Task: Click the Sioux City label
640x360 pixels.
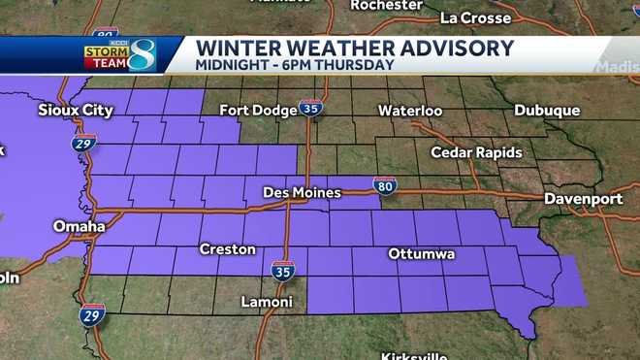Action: tap(77, 110)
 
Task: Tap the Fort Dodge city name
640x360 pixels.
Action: tap(258, 110)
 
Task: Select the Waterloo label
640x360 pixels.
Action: tap(410, 111)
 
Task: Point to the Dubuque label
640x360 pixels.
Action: tap(547, 111)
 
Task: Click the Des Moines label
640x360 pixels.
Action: tap(302, 193)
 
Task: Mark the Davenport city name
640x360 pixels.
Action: tap(583, 198)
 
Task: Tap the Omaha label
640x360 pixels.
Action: tap(80, 226)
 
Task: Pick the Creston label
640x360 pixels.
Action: tap(227, 249)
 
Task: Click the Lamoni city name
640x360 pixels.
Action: tap(267, 302)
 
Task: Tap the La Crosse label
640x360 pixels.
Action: tap(474, 17)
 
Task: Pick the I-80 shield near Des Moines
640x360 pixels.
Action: tap(385, 185)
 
